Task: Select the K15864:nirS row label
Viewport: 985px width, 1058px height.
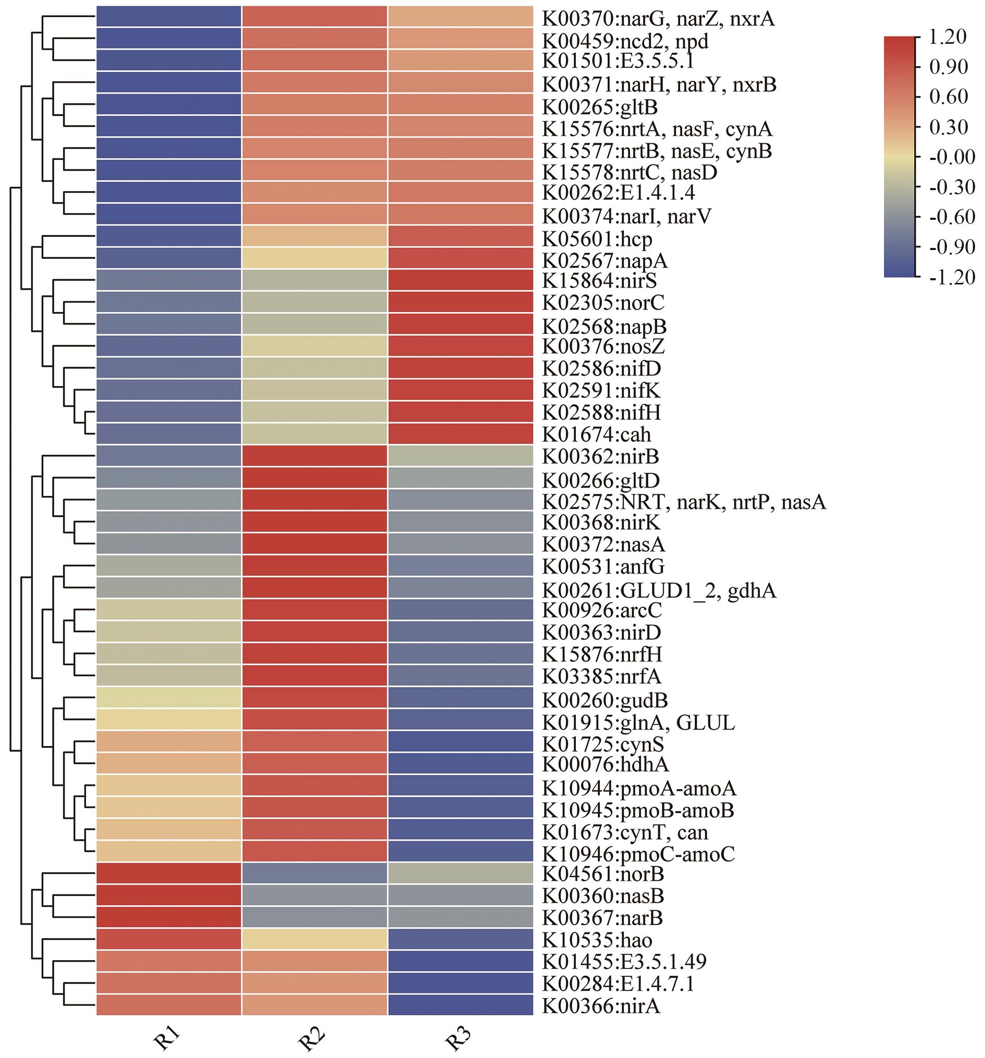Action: pos(599,280)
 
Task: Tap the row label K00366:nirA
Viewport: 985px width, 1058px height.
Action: pos(601,1005)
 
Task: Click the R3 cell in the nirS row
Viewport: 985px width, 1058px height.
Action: pos(461,280)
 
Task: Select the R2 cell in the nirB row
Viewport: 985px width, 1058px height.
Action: pos(315,457)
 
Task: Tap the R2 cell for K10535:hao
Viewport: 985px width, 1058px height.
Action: pos(315,940)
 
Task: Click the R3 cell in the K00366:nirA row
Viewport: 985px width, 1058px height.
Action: pos(461,1005)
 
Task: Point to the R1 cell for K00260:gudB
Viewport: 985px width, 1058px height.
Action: pos(169,698)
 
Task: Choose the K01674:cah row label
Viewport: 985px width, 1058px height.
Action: pos(597,434)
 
